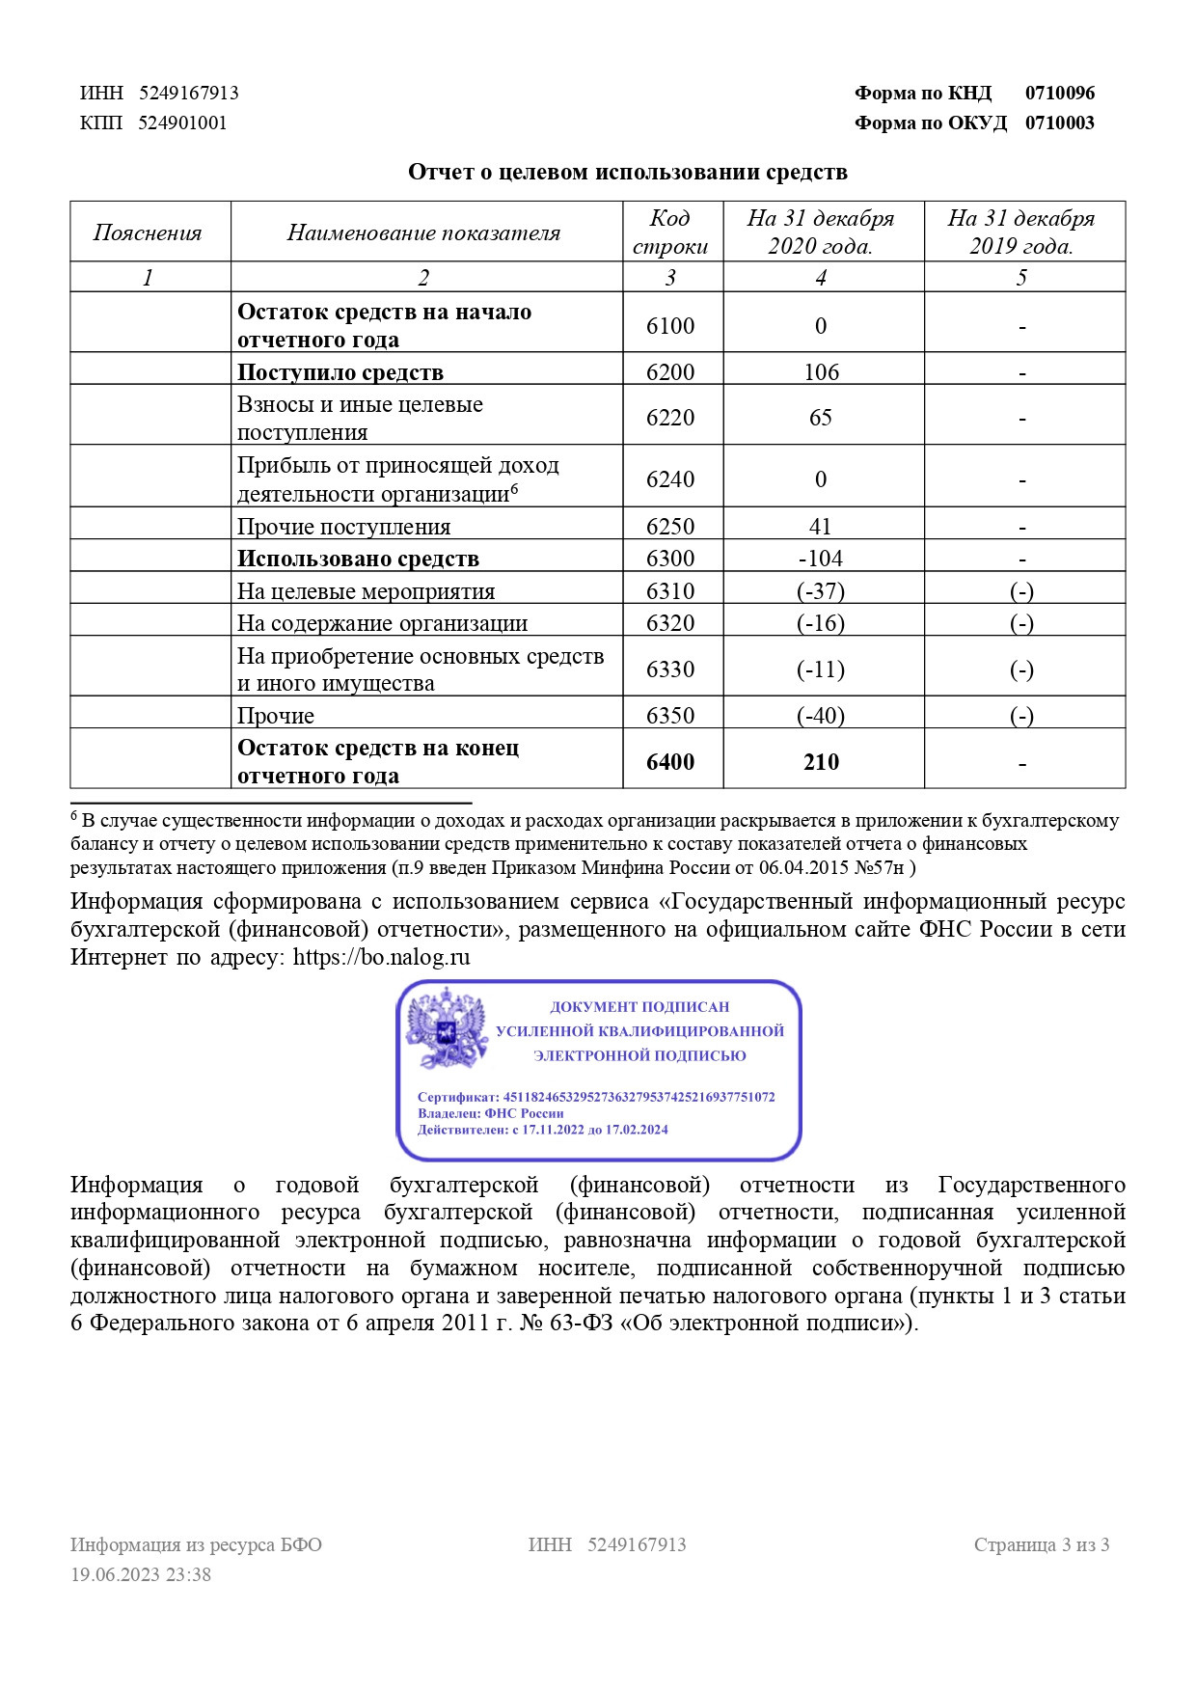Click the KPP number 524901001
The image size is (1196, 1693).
[182, 123]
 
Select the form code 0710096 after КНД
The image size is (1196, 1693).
[1059, 94]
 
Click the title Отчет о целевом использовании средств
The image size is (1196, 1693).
[627, 172]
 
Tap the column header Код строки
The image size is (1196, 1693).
[670, 232]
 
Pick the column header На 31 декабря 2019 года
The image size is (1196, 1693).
[1021, 232]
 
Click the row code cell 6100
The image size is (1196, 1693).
[670, 326]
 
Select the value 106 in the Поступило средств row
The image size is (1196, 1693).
[821, 372]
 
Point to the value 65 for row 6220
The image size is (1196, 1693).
[821, 418]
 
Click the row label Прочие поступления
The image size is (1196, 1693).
[343, 527]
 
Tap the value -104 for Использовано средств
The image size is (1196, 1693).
[821, 559]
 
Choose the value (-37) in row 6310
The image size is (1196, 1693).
[821, 591]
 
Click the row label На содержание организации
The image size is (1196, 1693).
[382, 623]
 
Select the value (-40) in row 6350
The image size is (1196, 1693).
[821, 716]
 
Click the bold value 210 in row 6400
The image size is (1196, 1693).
[821, 762]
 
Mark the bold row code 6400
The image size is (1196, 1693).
[670, 762]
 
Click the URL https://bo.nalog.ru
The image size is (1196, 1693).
[381, 957]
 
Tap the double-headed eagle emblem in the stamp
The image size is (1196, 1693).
[447, 1029]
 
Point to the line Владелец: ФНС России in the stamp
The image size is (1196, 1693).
[490, 1113]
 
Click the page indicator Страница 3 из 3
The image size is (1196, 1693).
[1041, 1544]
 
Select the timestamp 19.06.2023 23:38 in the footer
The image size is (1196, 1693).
[141, 1574]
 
